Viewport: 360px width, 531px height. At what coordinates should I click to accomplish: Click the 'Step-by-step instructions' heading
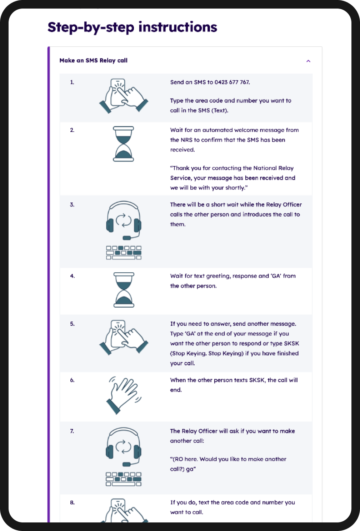[x=132, y=27]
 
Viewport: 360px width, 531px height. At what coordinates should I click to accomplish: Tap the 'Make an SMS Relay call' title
[x=93, y=60]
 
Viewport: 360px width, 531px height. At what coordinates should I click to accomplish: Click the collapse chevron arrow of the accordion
[x=308, y=61]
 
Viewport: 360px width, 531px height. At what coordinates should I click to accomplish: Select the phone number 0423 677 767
[x=232, y=82]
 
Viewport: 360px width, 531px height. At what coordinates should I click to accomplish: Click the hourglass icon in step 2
[x=124, y=144]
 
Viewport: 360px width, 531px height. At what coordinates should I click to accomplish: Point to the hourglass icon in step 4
[x=124, y=290]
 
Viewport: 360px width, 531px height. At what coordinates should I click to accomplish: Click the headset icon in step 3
[x=124, y=219]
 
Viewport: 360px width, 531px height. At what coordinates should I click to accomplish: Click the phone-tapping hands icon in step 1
[x=123, y=96]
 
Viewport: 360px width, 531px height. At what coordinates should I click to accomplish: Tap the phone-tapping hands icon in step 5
[x=123, y=337]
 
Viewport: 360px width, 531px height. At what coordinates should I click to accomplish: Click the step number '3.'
[x=72, y=204]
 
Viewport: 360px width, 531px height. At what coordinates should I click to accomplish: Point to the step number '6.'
[x=72, y=380]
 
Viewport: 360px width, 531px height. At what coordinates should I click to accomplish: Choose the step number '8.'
[x=72, y=502]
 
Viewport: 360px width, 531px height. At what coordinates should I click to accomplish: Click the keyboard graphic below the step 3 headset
[x=124, y=253]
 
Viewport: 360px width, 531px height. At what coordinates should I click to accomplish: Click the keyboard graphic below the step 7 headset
[x=124, y=479]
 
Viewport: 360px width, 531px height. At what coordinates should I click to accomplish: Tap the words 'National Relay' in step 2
[x=273, y=168]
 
